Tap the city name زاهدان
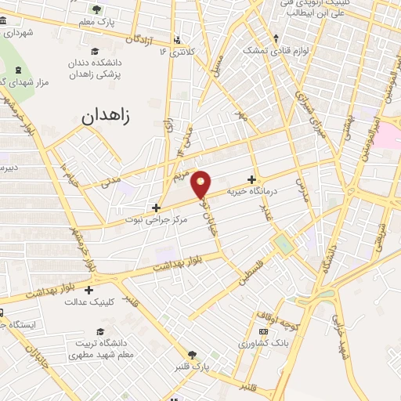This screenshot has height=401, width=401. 108,117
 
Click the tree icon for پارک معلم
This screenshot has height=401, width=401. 96,9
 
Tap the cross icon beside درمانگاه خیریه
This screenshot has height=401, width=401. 251,179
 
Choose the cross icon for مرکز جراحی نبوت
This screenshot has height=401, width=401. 157,208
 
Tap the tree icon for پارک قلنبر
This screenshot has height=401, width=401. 192,354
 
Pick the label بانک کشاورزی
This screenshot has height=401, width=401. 243,343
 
